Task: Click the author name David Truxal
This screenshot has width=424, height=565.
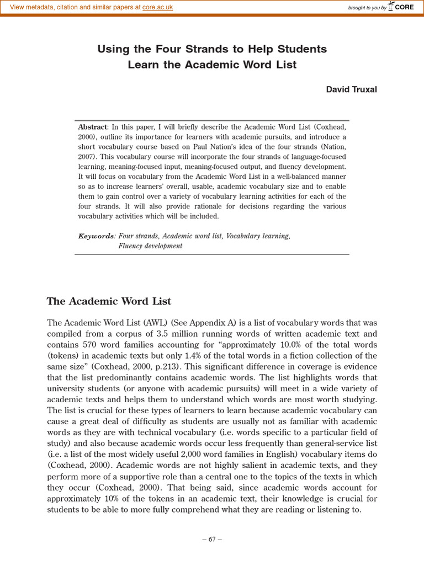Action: point(351,89)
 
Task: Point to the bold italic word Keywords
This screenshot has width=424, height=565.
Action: point(96,236)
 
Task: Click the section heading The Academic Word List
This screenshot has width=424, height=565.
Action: point(109,301)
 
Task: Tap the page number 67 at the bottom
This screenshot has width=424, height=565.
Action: point(212,539)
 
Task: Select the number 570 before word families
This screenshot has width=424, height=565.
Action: point(91,345)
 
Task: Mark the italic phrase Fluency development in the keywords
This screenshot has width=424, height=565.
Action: point(150,246)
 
